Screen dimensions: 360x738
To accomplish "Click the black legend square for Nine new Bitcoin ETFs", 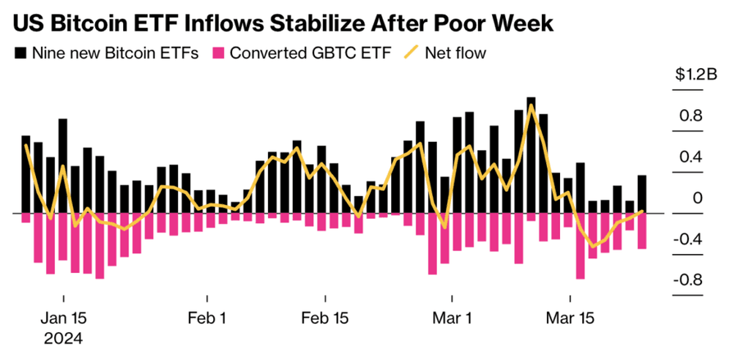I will coord(20,53).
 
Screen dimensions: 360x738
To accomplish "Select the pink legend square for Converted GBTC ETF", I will coord(217,53).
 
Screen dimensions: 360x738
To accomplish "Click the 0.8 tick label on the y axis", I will coord(690,116).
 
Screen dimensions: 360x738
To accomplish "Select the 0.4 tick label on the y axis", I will coord(690,157).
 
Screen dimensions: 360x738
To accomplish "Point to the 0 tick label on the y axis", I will coord(697,198).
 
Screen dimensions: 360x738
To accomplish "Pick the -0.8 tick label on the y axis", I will coord(687,280).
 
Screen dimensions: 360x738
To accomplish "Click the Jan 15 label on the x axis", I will coord(63,317).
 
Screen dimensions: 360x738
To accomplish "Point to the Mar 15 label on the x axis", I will coord(571,317).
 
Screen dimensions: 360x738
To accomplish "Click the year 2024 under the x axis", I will coord(63,336).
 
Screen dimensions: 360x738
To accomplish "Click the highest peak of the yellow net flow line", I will coord(532,105).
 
